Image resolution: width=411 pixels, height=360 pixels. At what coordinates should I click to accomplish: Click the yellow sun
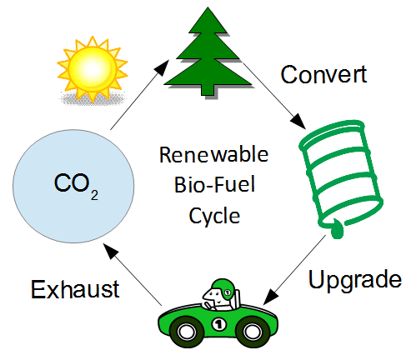tap(93, 69)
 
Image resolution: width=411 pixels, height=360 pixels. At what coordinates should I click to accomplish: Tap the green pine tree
tap(208, 52)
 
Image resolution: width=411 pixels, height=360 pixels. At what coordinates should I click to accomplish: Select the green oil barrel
tap(341, 177)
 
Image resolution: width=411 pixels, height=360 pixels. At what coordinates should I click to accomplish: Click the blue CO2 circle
tap(73, 186)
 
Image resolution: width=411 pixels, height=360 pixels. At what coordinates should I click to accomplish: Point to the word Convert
tap(323, 74)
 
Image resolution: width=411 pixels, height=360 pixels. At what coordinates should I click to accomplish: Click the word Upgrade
tap(355, 280)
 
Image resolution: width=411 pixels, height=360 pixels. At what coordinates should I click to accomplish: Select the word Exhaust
tap(75, 289)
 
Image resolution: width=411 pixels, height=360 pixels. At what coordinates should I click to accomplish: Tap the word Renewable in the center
tap(213, 154)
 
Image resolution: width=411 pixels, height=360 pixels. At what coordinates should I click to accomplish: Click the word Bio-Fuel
tap(214, 184)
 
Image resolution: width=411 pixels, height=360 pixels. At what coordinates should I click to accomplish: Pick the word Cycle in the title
tap(214, 217)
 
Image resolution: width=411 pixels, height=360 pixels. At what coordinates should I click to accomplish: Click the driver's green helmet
tap(223, 288)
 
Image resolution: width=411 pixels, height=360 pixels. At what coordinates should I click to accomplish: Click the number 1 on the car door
tap(219, 324)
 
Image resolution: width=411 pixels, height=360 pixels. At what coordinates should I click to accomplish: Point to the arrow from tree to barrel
tap(274, 96)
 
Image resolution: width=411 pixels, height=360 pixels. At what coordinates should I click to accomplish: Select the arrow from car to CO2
tap(133, 274)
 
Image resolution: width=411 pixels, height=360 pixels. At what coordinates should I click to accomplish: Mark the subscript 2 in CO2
tap(94, 195)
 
